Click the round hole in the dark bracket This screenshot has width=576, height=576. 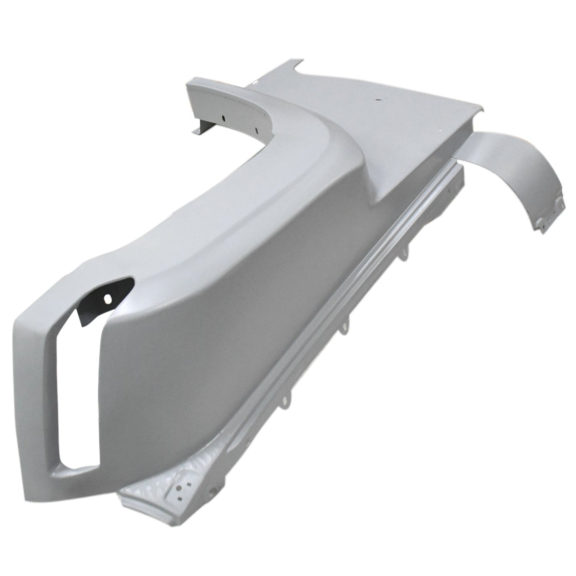(106, 298)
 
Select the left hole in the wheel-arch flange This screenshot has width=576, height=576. (224, 118)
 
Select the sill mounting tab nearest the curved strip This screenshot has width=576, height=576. (406, 252)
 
